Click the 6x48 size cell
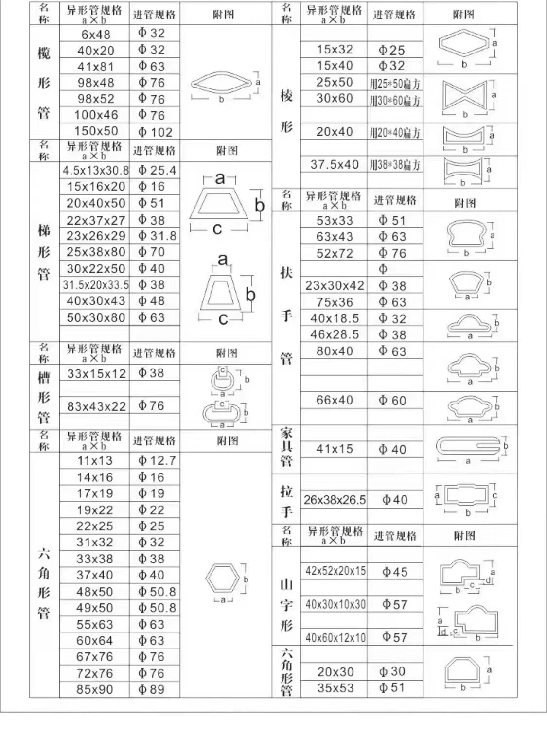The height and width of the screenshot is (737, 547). point(95,35)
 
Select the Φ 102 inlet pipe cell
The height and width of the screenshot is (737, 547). point(155,132)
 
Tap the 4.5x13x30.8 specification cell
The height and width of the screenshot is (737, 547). point(95,171)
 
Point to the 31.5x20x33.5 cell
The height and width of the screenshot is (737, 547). point(95,285)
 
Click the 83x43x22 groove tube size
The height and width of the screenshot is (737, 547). point(96,406)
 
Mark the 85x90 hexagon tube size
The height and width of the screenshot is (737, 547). point(94,689)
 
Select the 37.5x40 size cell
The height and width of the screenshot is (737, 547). point(334,165)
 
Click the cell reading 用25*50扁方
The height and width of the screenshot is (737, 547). point(394,84)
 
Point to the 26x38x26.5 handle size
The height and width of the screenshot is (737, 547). point(335,500)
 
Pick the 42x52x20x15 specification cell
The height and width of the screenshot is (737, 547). point(335,571)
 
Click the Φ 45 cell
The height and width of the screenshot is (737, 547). point(394,572)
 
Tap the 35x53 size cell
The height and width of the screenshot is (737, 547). point(335,688)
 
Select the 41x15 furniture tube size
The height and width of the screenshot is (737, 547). point(334,449)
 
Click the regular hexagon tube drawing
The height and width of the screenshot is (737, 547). point(223,578)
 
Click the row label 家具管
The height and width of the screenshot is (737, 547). point(286,447)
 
